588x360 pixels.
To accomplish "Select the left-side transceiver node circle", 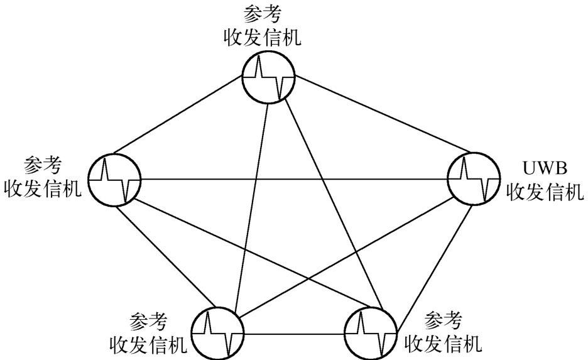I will pyautogui.click(x=114, y=178).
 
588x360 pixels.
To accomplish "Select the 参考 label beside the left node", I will pyautogui.click(x=43, y=166).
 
